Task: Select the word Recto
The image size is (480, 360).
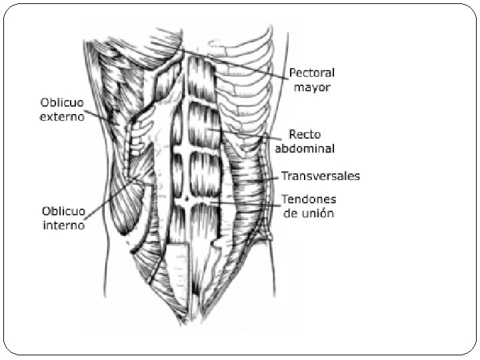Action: [305, 134]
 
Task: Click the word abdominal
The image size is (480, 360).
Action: [309, 148]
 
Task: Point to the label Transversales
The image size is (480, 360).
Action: [321, 177]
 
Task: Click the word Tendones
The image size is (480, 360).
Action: [309, 199]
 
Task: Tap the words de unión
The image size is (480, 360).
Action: [308, 213]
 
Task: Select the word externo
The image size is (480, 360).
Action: [62, 117]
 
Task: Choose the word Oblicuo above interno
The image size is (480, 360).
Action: [63, 211]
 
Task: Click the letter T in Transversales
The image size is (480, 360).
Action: [285, 177]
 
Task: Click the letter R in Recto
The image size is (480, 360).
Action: [293, 134]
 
